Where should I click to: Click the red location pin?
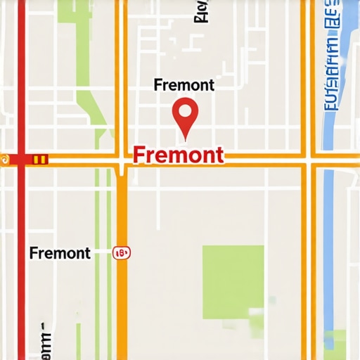185,117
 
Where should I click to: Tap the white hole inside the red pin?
185,110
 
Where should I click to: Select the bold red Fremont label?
178,154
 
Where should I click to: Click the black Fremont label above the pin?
184,85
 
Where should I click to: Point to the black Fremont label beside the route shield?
60,253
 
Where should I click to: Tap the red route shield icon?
122,252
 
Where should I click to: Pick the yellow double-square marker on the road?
40,160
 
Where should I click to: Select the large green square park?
233,281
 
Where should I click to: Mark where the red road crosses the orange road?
22,160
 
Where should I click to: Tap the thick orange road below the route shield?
122,309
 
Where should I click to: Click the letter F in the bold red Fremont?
138,154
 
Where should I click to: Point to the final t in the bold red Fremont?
220,155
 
